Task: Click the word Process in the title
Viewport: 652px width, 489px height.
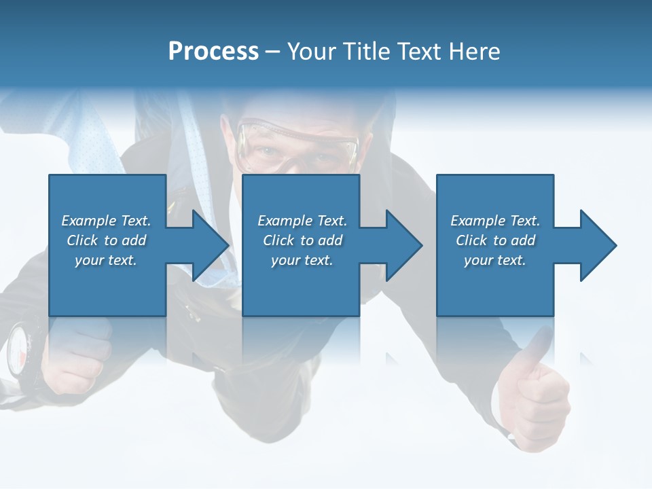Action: tap(213, 52)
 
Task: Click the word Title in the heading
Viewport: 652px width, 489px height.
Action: tap(366, 52)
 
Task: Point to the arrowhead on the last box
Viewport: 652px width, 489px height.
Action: tap(597, 245)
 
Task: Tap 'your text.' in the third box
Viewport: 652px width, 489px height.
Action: tap(494, 260)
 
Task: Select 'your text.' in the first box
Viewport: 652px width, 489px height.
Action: tap(106, 260)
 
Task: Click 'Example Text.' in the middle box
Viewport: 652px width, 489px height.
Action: tap(302, 221)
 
